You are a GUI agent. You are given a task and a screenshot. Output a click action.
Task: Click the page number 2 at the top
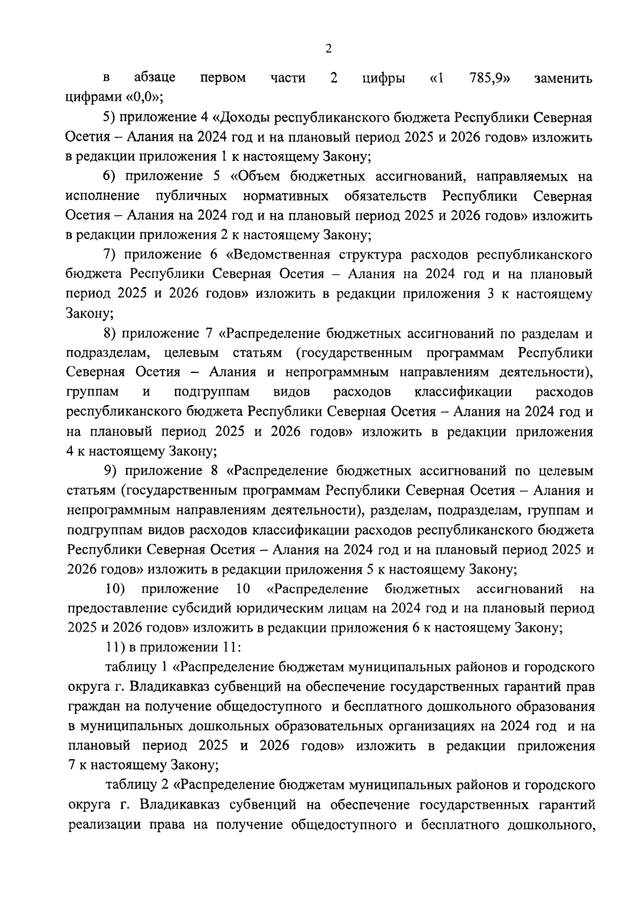coord(328,49)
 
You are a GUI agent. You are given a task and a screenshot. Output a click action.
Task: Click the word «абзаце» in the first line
coord(155,78)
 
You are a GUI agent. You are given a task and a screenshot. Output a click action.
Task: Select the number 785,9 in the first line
coord(489,78)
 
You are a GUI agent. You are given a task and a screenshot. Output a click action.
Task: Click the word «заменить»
coord(563,78)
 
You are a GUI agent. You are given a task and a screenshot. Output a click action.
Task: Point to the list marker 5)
coord(109,117)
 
